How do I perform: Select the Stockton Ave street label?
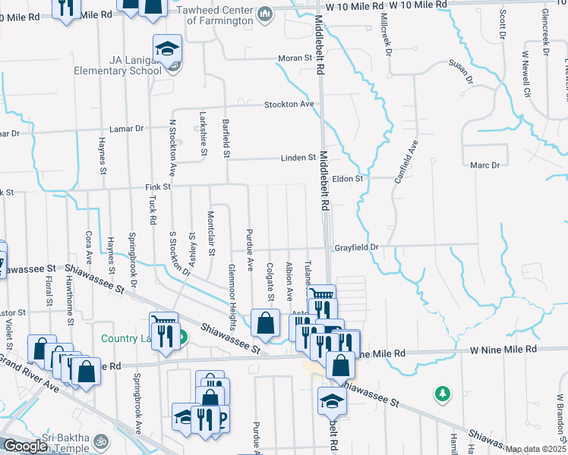pos(289,104)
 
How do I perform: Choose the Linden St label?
pos(300,158)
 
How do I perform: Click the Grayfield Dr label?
pos(355,247)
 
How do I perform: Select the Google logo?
pos(25,446)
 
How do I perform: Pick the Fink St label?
pos(158,186)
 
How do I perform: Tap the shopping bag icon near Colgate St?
pos(266,324)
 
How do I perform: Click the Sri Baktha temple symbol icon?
pos(98,439)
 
